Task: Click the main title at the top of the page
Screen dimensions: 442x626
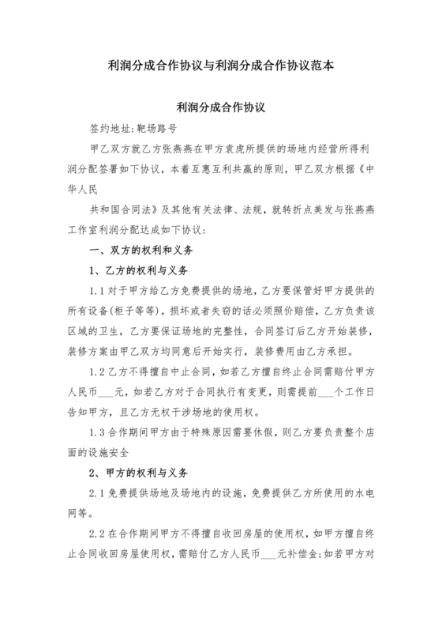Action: [x=220, y=66]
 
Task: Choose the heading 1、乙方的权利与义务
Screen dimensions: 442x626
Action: [x=139, y=271]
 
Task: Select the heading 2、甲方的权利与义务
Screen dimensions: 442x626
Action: [x=139, y=473]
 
